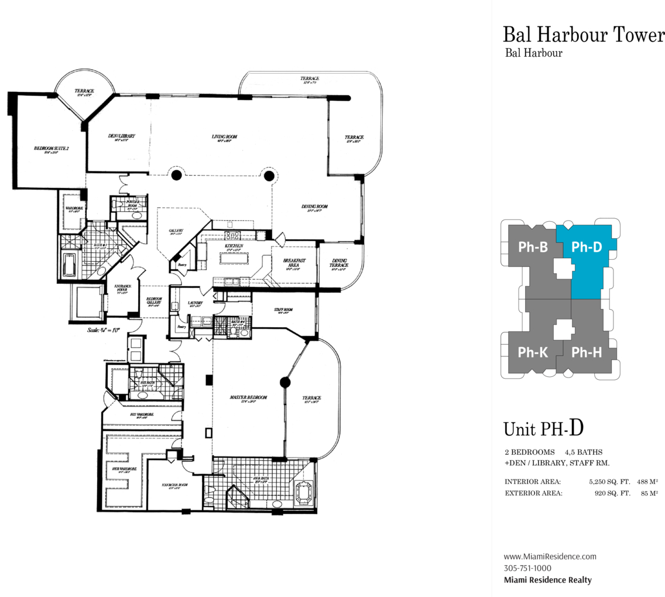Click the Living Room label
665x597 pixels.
225,137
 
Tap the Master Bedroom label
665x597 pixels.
248,397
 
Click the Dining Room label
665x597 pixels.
314,207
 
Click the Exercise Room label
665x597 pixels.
174,485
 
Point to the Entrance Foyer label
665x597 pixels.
122,289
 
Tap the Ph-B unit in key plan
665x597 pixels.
533,248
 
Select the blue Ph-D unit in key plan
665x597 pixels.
587,248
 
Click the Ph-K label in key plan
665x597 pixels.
533,352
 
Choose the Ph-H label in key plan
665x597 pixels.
587,352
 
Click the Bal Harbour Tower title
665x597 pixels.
583,35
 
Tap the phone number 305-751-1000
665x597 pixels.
527,568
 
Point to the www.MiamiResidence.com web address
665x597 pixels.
550,557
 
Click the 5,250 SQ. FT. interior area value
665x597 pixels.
609,482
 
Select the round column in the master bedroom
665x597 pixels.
285,383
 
